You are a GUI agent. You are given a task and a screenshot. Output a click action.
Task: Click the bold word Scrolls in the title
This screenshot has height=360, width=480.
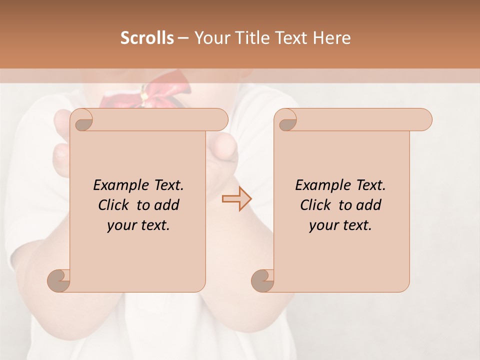147,38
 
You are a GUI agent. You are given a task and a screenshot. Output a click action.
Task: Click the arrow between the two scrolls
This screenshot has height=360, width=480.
236,199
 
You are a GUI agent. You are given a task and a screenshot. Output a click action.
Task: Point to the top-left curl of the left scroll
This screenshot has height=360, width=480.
81,120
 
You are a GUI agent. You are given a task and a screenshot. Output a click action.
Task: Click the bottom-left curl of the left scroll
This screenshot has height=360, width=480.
59,280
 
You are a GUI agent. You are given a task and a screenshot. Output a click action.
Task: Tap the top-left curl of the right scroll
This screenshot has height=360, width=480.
285,120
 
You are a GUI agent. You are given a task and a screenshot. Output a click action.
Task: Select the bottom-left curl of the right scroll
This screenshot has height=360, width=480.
263,280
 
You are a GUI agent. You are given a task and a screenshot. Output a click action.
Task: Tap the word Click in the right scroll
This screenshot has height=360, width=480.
315,205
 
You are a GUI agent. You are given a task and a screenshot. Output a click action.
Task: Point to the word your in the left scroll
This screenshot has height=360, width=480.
120,225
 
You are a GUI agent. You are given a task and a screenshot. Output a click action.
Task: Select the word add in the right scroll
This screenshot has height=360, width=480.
369,205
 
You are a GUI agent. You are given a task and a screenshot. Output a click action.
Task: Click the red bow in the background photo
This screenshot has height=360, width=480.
145,92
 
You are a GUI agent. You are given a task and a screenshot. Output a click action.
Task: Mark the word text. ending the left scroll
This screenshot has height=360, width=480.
153,225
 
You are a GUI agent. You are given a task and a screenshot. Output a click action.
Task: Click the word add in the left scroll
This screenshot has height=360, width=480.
167,205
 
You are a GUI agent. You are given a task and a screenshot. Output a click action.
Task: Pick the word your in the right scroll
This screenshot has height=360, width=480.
322,225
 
